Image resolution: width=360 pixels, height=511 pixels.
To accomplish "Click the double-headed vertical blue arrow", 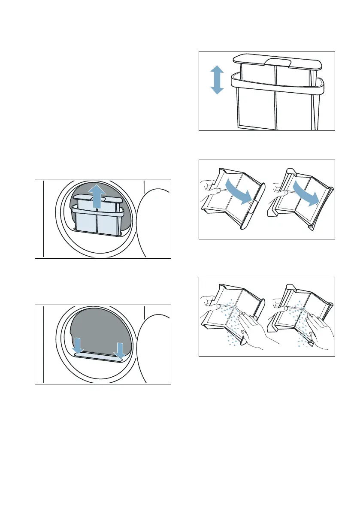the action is tap(217, 80).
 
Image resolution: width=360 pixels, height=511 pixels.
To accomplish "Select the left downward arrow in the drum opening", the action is tap(78, 345).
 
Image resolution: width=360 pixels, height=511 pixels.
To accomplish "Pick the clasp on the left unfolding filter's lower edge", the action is tap(253, 206).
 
